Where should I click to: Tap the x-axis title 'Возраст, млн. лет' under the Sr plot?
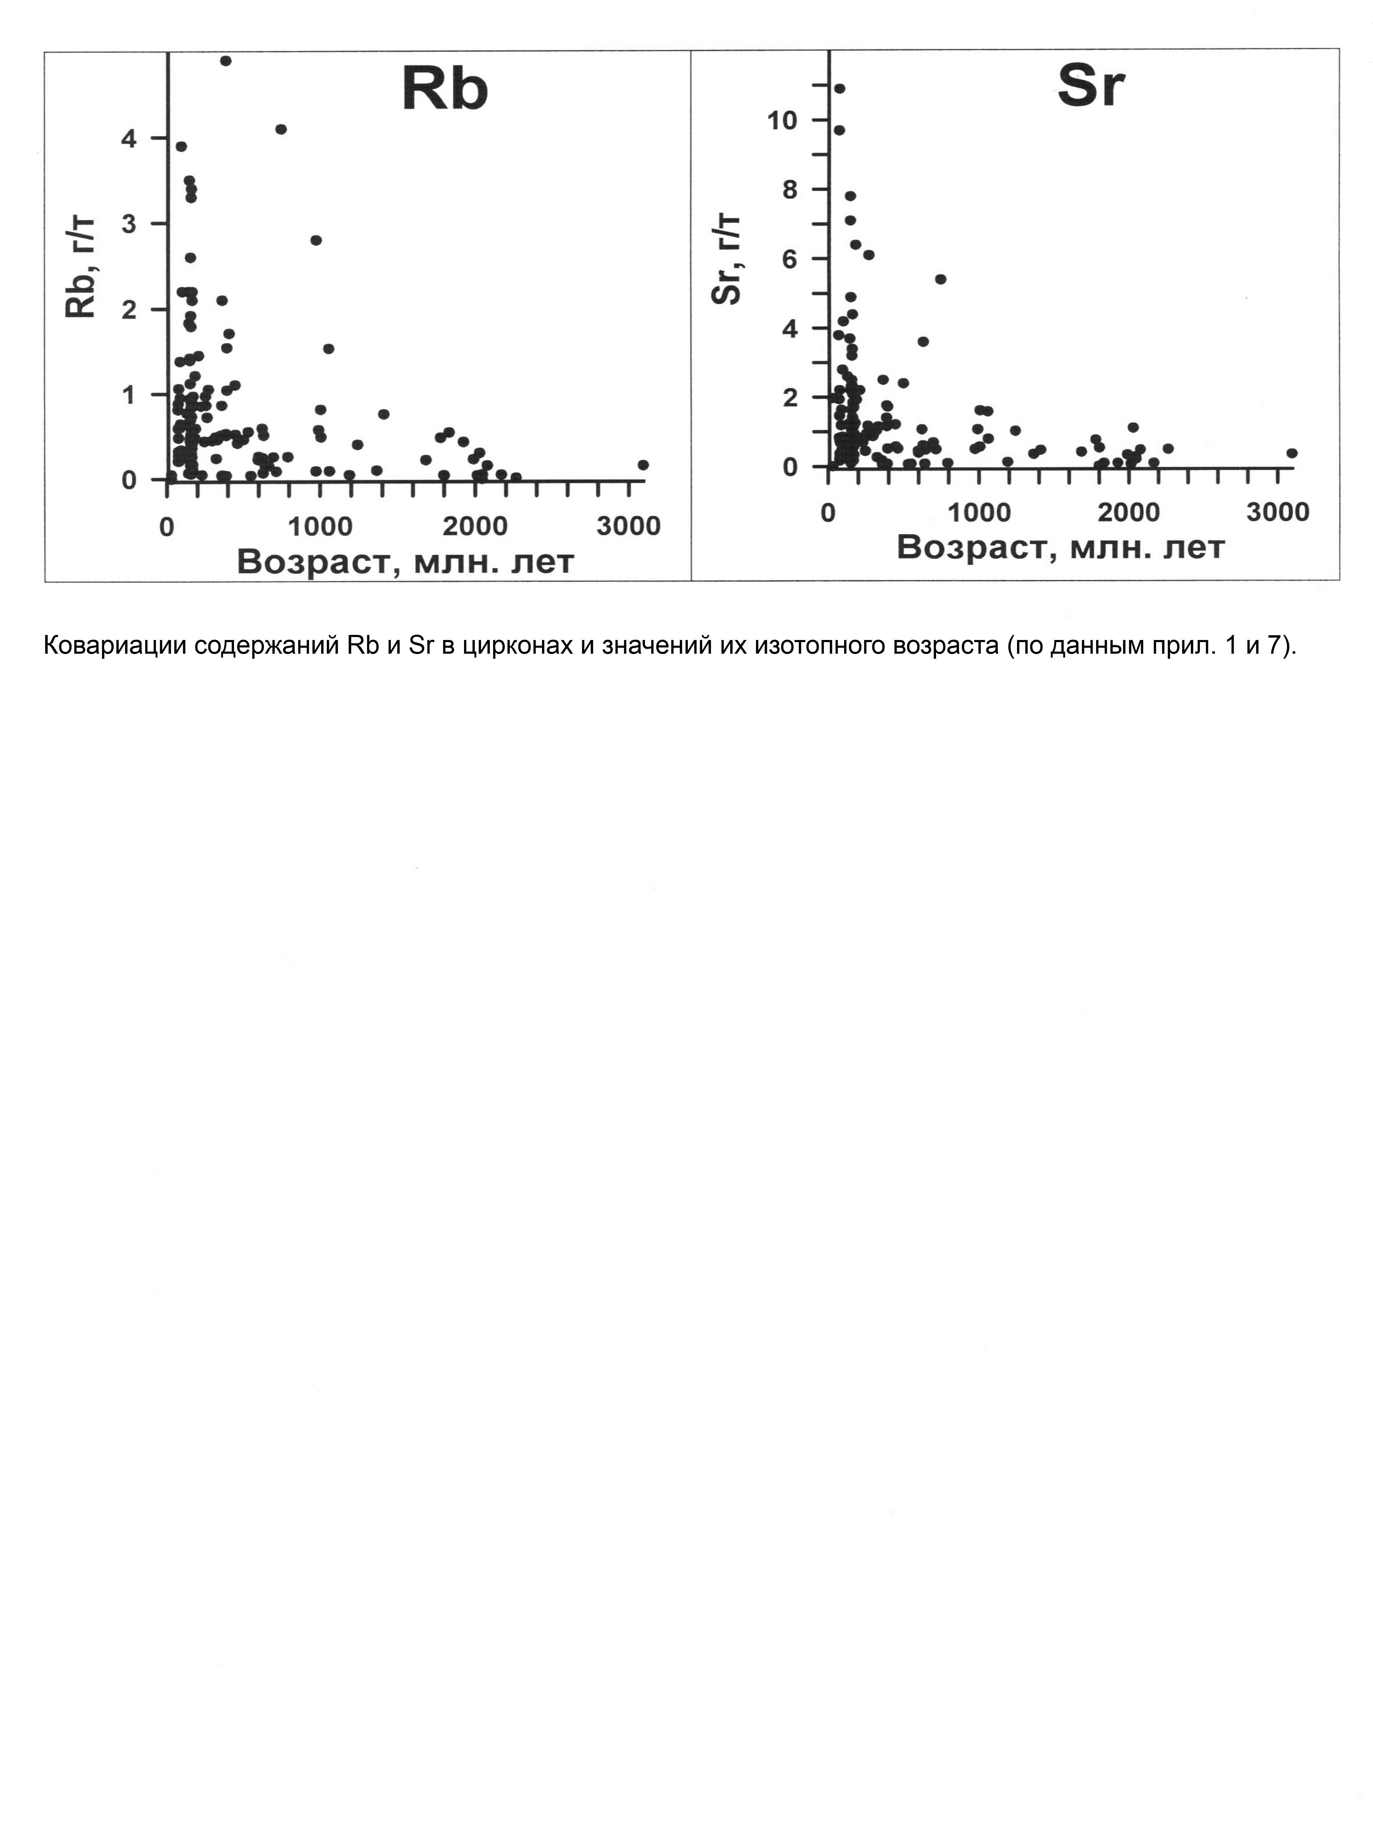pos(1061,547)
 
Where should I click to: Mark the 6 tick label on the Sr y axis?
pos(789,259)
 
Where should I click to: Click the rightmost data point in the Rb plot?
pos(643,465)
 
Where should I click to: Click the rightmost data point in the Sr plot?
pos(1292,453)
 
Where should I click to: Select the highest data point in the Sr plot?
pos(839,89)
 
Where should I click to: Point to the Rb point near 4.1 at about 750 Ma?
pos(281,129)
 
